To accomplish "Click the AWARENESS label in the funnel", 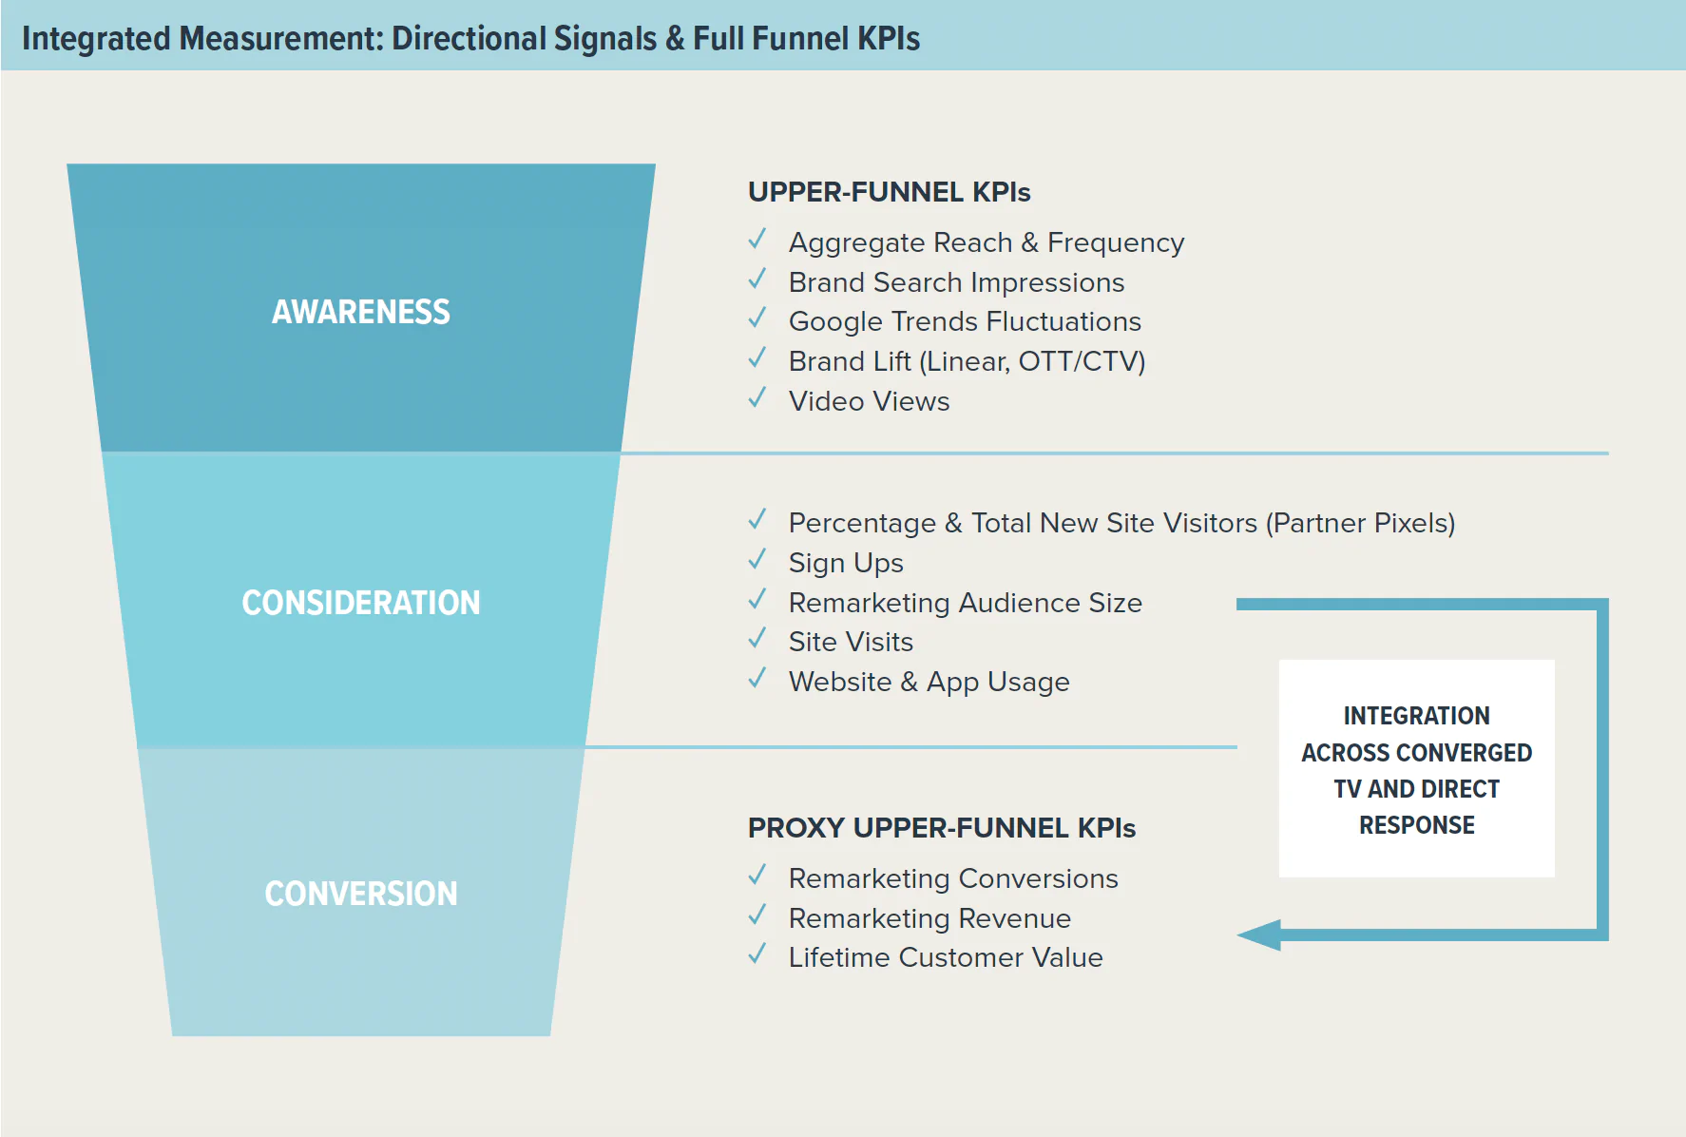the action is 361,312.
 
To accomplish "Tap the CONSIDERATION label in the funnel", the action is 361,603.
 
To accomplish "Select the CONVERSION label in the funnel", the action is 361,894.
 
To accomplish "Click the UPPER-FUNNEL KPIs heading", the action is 889,192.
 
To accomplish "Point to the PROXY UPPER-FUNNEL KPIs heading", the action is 942,828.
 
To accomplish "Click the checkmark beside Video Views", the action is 757,397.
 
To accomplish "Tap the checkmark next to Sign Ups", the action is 757,559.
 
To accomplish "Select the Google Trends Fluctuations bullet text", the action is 965,322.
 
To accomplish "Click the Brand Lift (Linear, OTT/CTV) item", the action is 968,361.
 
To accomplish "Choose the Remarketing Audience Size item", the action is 966,603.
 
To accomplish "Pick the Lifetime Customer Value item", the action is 946,957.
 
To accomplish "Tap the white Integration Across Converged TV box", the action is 1417,768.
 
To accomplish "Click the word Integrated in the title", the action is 96,39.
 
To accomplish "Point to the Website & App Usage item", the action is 929,683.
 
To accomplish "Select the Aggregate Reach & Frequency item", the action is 987,243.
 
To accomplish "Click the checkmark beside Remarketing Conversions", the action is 757,875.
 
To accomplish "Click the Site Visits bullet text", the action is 851,643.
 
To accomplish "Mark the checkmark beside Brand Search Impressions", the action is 757,279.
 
